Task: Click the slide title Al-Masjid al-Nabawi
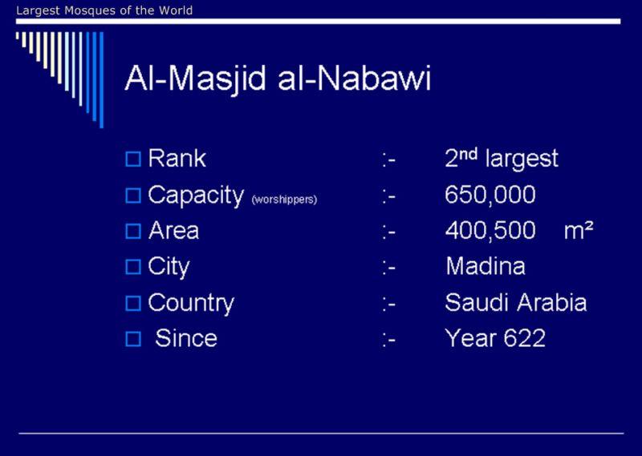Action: [278, 79]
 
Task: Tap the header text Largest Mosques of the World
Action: [104, 10]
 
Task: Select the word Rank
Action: [177, 158]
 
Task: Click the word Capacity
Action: [196, 196]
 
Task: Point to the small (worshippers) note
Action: [284, 200]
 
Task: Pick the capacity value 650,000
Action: [490, 195]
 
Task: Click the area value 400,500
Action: [490, 230]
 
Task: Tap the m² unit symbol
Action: [579, 230]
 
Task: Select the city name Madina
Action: [486, 266]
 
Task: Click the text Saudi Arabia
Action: [516, 303]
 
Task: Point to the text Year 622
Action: [495, 338]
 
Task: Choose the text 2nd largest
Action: [502, 158]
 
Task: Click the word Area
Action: [173, 230]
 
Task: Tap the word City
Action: [169, 268]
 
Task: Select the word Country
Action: [191, 304]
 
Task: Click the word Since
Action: [186, 338]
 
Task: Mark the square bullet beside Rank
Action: [133, 159]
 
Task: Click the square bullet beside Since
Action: [133, 339]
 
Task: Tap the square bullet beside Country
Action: [133, 304]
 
